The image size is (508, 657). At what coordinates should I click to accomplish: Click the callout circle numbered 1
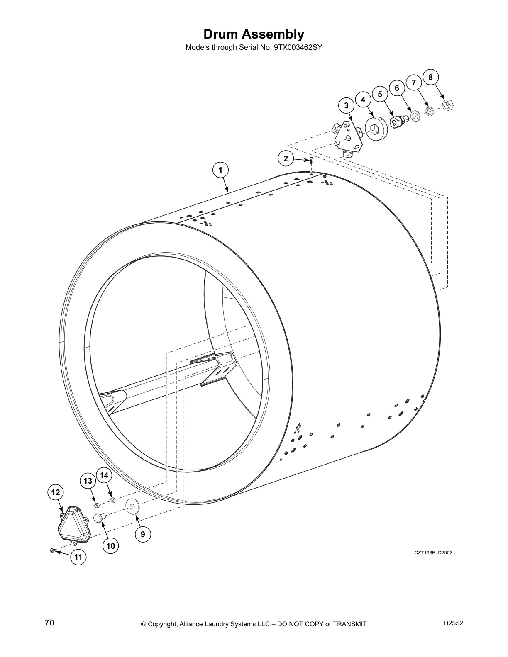(x=221, y=170)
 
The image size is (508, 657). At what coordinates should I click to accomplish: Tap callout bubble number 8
(x=430, y=77)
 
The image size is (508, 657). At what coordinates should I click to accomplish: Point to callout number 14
(x=104, y=475)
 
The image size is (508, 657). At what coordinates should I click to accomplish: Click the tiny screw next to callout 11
(x=52, y=550)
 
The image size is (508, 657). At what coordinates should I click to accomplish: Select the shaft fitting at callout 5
(x=398, y=121)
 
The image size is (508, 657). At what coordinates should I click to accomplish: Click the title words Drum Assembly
(x=254, y=34)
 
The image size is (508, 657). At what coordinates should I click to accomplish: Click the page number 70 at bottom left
(x=49, y=623)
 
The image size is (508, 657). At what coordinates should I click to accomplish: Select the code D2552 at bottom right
(x=453, y=623)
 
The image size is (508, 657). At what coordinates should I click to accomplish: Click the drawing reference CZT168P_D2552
(x=433, y=552)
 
